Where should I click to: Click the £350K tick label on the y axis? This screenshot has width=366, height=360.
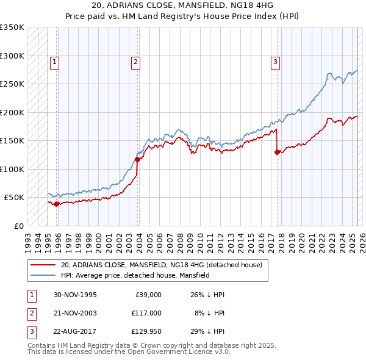12,27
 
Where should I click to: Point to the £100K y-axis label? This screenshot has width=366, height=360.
12,169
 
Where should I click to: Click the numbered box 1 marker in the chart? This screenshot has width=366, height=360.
54,61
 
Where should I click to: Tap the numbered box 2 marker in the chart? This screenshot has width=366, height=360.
135,61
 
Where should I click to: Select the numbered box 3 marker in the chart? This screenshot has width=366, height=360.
275,61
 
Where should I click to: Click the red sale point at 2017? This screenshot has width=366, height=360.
278,153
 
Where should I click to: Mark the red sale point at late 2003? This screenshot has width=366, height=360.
138,160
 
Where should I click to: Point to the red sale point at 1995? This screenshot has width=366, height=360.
57,204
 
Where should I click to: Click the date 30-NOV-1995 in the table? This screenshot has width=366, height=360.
75,295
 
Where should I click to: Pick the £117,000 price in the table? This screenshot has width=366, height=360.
146,313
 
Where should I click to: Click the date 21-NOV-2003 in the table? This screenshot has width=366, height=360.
75,313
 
